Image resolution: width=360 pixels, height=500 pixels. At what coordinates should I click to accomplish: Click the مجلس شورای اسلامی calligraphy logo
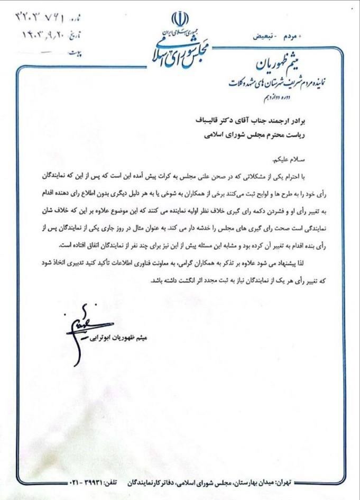pyautogui.click(x=180, y=50)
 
